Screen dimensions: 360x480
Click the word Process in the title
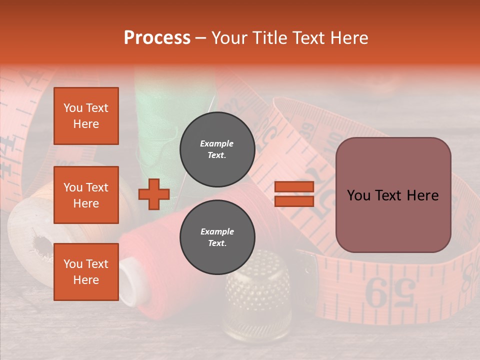pos(157,38)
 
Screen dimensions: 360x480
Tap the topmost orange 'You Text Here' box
pos(86,116)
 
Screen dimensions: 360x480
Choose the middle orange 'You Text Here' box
pos(86,195)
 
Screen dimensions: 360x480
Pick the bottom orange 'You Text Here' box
pos(86,271)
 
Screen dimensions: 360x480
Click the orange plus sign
pos(154,194)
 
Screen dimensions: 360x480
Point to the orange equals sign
pos(294,194)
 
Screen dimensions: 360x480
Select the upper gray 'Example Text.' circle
pos(217,149)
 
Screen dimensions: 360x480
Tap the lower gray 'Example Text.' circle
pos(217,237)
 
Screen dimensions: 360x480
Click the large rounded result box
pos(393,195)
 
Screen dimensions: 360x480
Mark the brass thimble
pos(250,295)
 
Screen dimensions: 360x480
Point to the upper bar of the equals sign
pos(294,187)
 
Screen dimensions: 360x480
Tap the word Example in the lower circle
pos(217,231)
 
